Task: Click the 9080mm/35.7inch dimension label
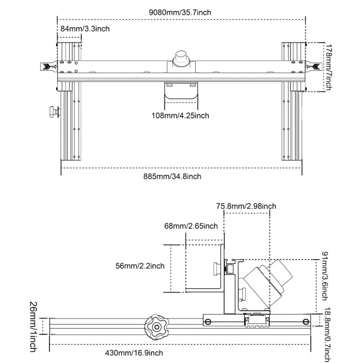click(x=181, y=12)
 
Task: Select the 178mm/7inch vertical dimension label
click(x=330, y=67)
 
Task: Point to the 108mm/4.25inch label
click(x=180, y=115)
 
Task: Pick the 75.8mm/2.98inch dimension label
click(x=246, y=206)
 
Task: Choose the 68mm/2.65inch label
click(x=191, y=226)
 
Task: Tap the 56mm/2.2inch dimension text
click(x=140, y=266)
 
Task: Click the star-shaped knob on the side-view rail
click(x=156, y=325)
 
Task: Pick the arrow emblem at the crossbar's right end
click(x=314, y=66)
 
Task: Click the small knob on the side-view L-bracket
click(x=216, y=269)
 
